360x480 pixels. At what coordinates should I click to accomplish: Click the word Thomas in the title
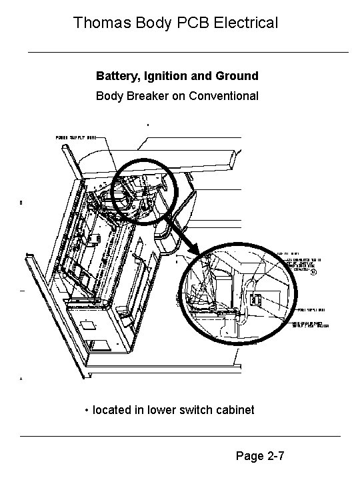(x=97, y=23)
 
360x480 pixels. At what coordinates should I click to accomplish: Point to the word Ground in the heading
(x=237, y=76)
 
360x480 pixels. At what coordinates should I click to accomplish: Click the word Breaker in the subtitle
(x=147, y=95)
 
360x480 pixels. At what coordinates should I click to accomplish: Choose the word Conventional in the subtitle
(x=221, y=95)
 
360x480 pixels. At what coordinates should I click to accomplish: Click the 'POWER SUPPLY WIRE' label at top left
(x=76, y=137)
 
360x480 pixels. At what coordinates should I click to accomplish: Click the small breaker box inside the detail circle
(x=255, y=300)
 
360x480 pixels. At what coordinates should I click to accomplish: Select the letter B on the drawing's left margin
(x=22, y=203)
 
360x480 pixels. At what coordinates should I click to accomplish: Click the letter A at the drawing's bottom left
(x=22, y=379)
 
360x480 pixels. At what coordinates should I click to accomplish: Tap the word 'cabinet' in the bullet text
(x=235, y=409)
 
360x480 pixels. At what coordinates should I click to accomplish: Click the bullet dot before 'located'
(x=87, y=410)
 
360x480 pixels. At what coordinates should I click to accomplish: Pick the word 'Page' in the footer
(x=249, y=457)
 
